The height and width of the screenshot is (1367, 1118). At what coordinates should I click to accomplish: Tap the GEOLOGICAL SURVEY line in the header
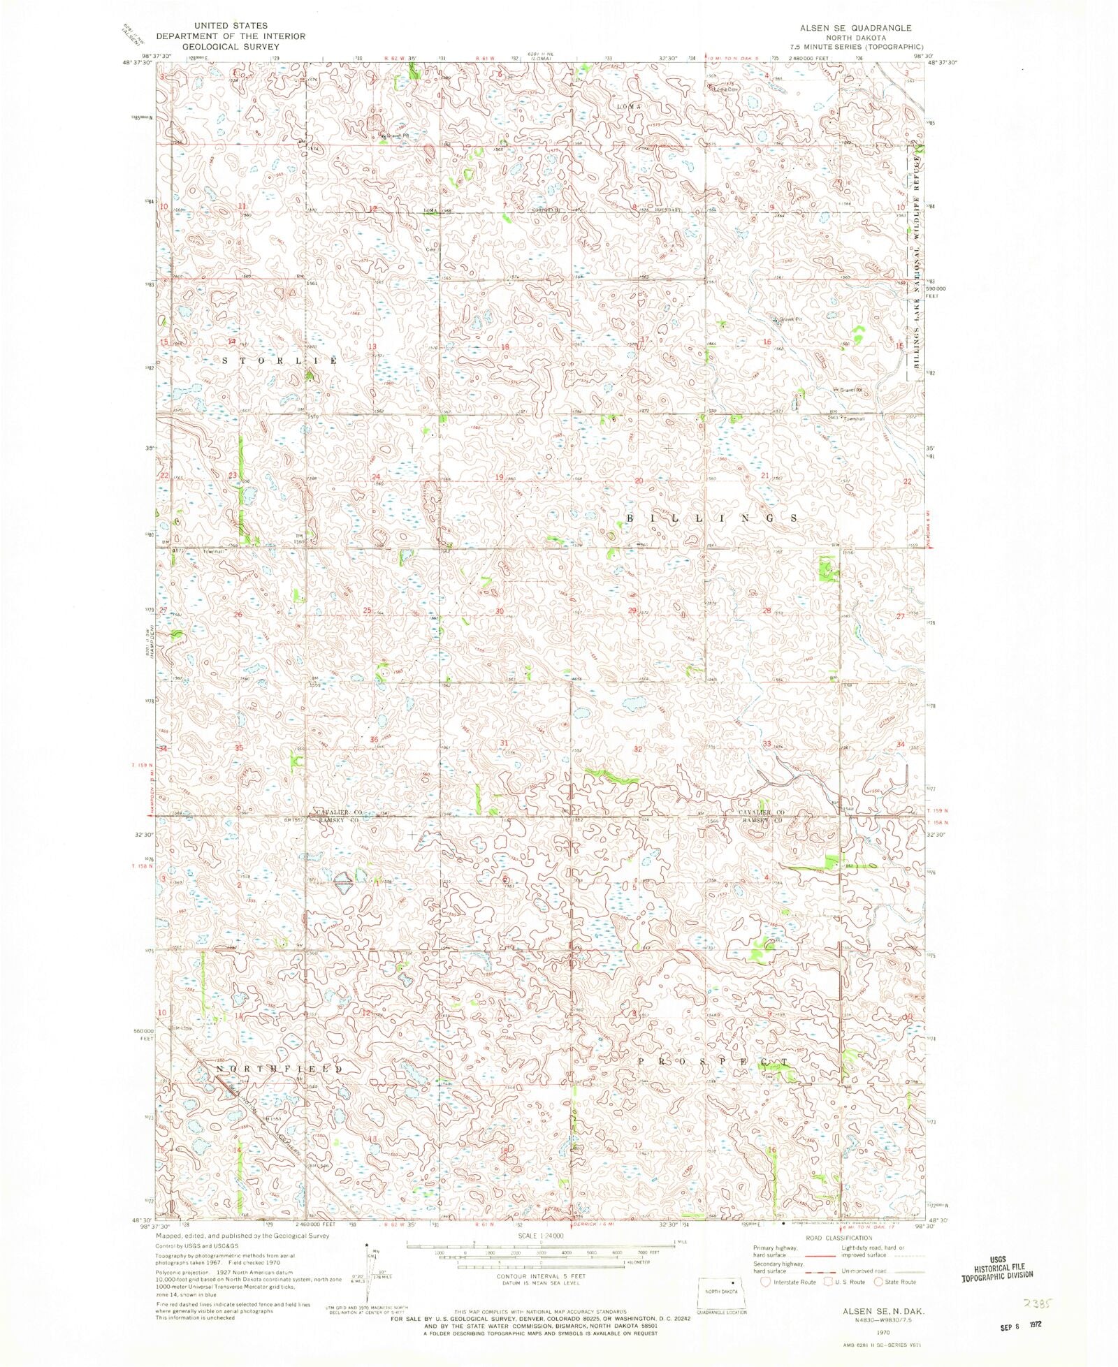(x=231, y=47)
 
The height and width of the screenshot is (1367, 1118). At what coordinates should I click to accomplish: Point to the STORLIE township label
(x=279, y=360)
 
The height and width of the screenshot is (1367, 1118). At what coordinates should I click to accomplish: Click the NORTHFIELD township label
(x=279, y=1069)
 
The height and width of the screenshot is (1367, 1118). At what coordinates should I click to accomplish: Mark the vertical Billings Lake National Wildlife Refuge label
(x=916, y=262)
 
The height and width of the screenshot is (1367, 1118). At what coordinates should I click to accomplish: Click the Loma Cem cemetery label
(x=727, y=89)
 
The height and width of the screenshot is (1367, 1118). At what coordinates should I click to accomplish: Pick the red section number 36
(x=375, y=740)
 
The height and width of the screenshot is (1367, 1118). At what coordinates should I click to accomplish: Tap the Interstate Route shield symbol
(x=765, y=1282)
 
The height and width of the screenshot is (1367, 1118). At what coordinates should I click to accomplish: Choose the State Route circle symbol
(x=878, y=1282)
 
